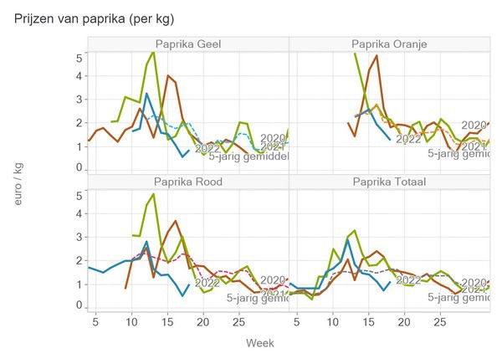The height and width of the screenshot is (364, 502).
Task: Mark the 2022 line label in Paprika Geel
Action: (208, 148)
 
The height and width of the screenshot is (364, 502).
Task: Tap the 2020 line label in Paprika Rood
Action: (273, 280)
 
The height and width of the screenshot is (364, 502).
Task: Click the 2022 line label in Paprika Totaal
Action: (407, 279)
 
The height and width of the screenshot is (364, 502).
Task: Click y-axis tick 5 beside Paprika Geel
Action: (80, 57)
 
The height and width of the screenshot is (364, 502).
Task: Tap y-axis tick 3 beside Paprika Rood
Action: (80, 237)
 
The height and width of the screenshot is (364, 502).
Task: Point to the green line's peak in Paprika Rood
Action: (153, 195)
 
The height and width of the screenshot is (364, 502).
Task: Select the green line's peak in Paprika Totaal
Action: (355, 230)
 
